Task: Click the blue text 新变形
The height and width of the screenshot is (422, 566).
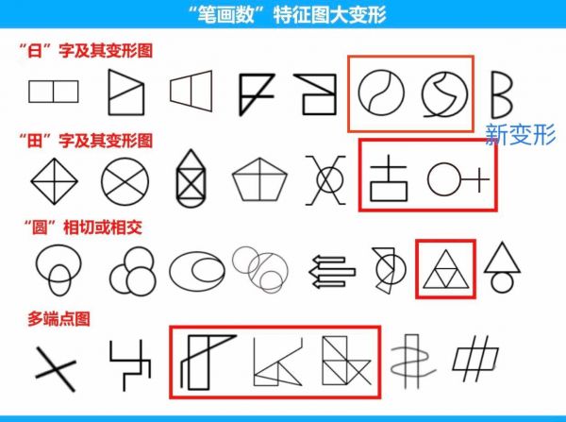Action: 520,134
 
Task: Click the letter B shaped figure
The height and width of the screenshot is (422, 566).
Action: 493,94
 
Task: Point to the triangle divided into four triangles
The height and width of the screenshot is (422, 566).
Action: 446,269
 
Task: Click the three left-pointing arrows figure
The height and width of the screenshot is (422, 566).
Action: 332,271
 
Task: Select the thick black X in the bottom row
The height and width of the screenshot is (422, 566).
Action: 55,368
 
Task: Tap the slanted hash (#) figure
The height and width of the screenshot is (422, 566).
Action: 475,359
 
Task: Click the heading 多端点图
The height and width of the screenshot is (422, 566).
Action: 58,319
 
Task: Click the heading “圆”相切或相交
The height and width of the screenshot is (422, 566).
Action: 83,228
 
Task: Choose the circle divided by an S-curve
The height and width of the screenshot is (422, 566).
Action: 358,93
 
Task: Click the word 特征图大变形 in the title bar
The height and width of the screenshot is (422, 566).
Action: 329,15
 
